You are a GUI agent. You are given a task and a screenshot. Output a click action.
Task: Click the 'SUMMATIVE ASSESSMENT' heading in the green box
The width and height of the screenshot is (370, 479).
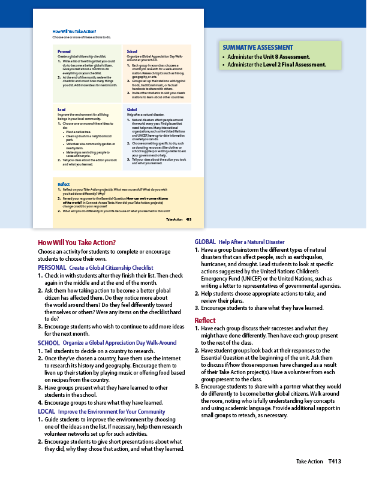[x=258, y=47]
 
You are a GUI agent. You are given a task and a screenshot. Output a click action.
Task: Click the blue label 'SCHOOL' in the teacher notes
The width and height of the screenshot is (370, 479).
[x=49, y=343]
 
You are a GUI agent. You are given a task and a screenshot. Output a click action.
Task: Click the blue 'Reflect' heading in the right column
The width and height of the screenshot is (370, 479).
[x=205, y=321]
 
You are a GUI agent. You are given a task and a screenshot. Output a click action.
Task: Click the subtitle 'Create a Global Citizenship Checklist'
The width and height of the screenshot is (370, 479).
[x=112, y=267]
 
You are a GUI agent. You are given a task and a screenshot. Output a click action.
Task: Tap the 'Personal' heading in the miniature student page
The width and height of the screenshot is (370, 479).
[x=64, y=52]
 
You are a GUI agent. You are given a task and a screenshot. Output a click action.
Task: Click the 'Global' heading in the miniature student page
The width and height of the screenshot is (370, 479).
[x=132, y=110]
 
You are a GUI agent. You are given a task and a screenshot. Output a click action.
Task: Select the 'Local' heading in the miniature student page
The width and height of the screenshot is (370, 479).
[x=61, y=110]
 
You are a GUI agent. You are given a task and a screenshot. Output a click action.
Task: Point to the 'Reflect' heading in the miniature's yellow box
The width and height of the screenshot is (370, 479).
[x=64, y=184]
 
